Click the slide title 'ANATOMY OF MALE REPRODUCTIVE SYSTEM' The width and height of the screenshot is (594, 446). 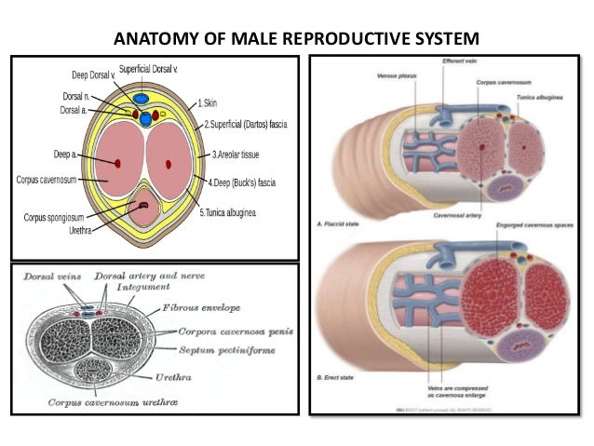(x=296, y=40)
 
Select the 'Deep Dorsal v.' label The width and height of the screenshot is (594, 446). (x=93, y=74)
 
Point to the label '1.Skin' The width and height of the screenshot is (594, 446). (x=209, y=102)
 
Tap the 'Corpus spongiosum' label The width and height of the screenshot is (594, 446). (x=56, y=217)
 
